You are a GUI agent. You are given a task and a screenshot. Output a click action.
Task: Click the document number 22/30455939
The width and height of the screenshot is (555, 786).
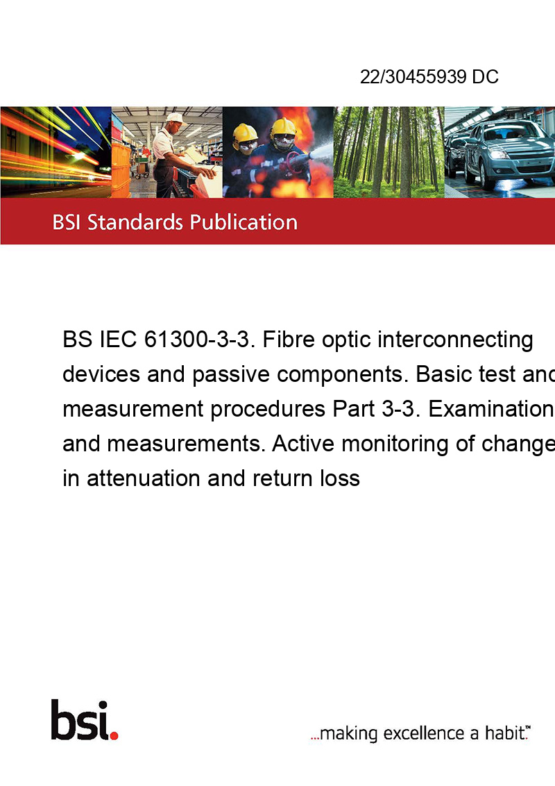(413, 76)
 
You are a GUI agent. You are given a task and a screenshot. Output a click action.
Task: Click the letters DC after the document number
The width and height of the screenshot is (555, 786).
(486, 76)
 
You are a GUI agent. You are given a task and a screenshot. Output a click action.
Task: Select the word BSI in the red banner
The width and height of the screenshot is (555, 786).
(67, 223)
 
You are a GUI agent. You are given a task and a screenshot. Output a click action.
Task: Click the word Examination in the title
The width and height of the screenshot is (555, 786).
(491, 409)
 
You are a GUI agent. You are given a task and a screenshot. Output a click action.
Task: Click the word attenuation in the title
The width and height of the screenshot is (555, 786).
(143, 478)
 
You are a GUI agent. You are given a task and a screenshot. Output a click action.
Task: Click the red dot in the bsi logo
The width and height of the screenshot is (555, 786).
(114, 735)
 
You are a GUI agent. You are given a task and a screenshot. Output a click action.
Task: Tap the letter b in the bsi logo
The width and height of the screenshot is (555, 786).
(63, 720)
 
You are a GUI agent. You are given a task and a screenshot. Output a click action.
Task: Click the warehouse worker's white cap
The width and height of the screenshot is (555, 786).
(175, 118)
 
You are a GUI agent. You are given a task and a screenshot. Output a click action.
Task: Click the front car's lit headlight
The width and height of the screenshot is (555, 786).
(497, 154)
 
